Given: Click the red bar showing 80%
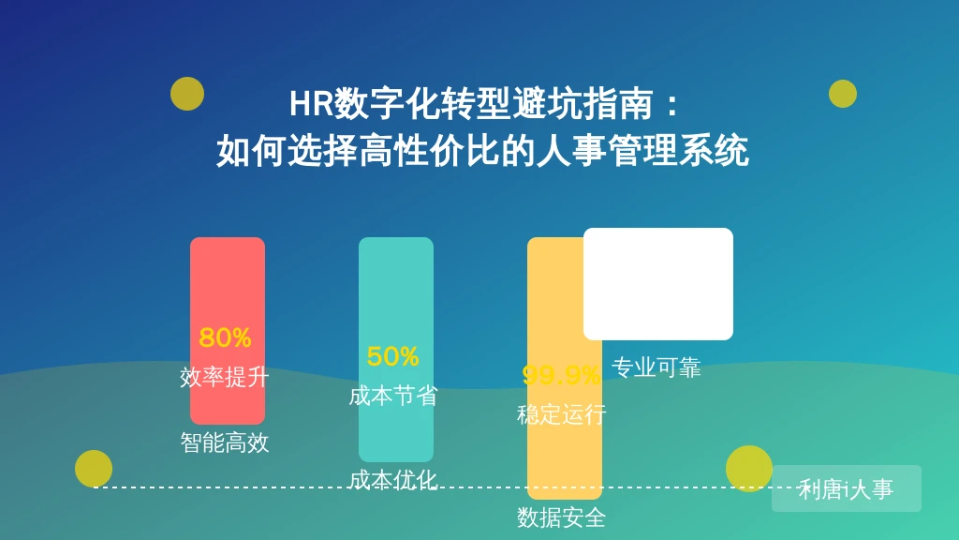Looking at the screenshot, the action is click(228, 331).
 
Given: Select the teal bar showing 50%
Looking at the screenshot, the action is click(396, 350).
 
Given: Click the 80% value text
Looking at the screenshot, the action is click(225, 337).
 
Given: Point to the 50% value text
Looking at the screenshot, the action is click(392, 357).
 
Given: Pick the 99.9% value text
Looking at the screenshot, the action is click(561, 375).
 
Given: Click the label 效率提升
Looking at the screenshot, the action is click(225, 377).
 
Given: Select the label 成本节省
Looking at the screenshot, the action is click(392, 397).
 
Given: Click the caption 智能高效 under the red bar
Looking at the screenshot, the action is click(225, 442).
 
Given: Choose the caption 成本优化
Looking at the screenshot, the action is click(392, 481).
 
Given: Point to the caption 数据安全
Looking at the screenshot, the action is click(562, 517).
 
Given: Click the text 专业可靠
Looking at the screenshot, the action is click(657, 367).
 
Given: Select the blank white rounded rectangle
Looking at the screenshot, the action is click(658, 284).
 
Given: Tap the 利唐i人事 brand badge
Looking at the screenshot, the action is click(847, 488).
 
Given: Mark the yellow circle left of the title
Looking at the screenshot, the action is click(187, 94).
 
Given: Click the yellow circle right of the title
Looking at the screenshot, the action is click(843, 94).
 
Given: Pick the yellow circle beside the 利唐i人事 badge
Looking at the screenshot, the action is click(749, 469).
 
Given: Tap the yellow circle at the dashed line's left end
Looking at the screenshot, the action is click(94, 469).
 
